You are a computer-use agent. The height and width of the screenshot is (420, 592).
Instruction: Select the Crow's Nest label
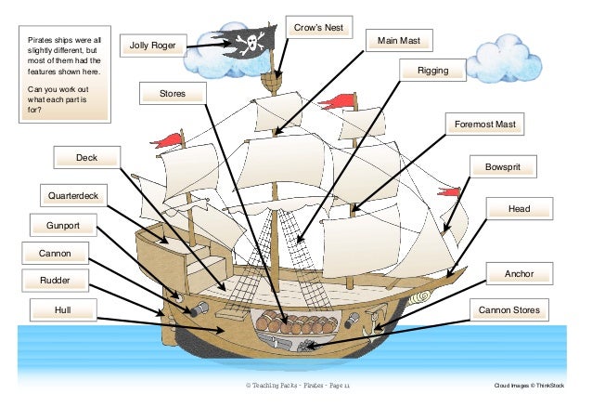[x=318, y=29]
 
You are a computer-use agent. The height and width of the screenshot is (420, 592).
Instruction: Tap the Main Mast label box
[x=399, y=42]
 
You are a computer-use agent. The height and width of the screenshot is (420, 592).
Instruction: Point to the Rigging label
[x=432, y=71]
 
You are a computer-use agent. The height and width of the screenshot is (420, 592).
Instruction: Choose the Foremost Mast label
[x=484, y=124]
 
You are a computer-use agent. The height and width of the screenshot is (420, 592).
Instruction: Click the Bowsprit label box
[x=504, y=168]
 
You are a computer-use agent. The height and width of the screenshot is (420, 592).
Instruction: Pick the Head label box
[x=519, y=209]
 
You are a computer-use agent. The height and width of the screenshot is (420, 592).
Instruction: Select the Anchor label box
[x=519, y=274]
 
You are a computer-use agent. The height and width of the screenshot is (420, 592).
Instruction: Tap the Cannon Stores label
[x=508, y=308]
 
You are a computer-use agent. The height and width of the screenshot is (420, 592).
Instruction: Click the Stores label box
[x=174, y=93]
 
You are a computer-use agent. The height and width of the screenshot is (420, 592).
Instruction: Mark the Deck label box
[x=86, y=158]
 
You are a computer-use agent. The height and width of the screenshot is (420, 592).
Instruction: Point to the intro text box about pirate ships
[x=65, y=75]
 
